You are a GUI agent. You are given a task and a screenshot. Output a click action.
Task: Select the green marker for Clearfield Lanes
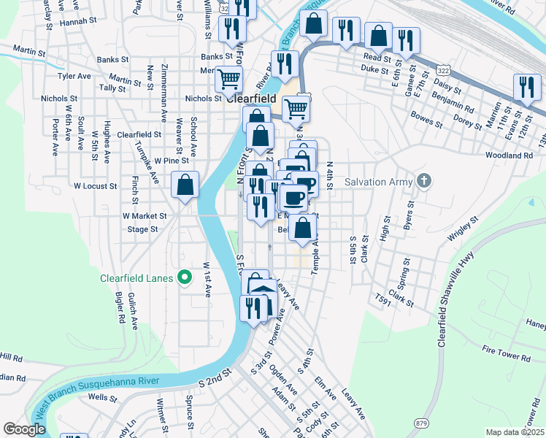tap(185, 277)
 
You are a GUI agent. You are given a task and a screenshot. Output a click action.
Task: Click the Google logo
tap(24, 430)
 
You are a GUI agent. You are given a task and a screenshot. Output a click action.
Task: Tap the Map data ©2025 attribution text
tap(515, 432)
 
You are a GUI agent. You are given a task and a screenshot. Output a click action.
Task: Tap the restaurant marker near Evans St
tap(526, 87)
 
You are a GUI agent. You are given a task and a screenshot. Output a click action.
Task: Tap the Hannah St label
tap(78, 23)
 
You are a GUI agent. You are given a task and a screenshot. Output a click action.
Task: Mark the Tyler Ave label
tap(74, 75)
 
